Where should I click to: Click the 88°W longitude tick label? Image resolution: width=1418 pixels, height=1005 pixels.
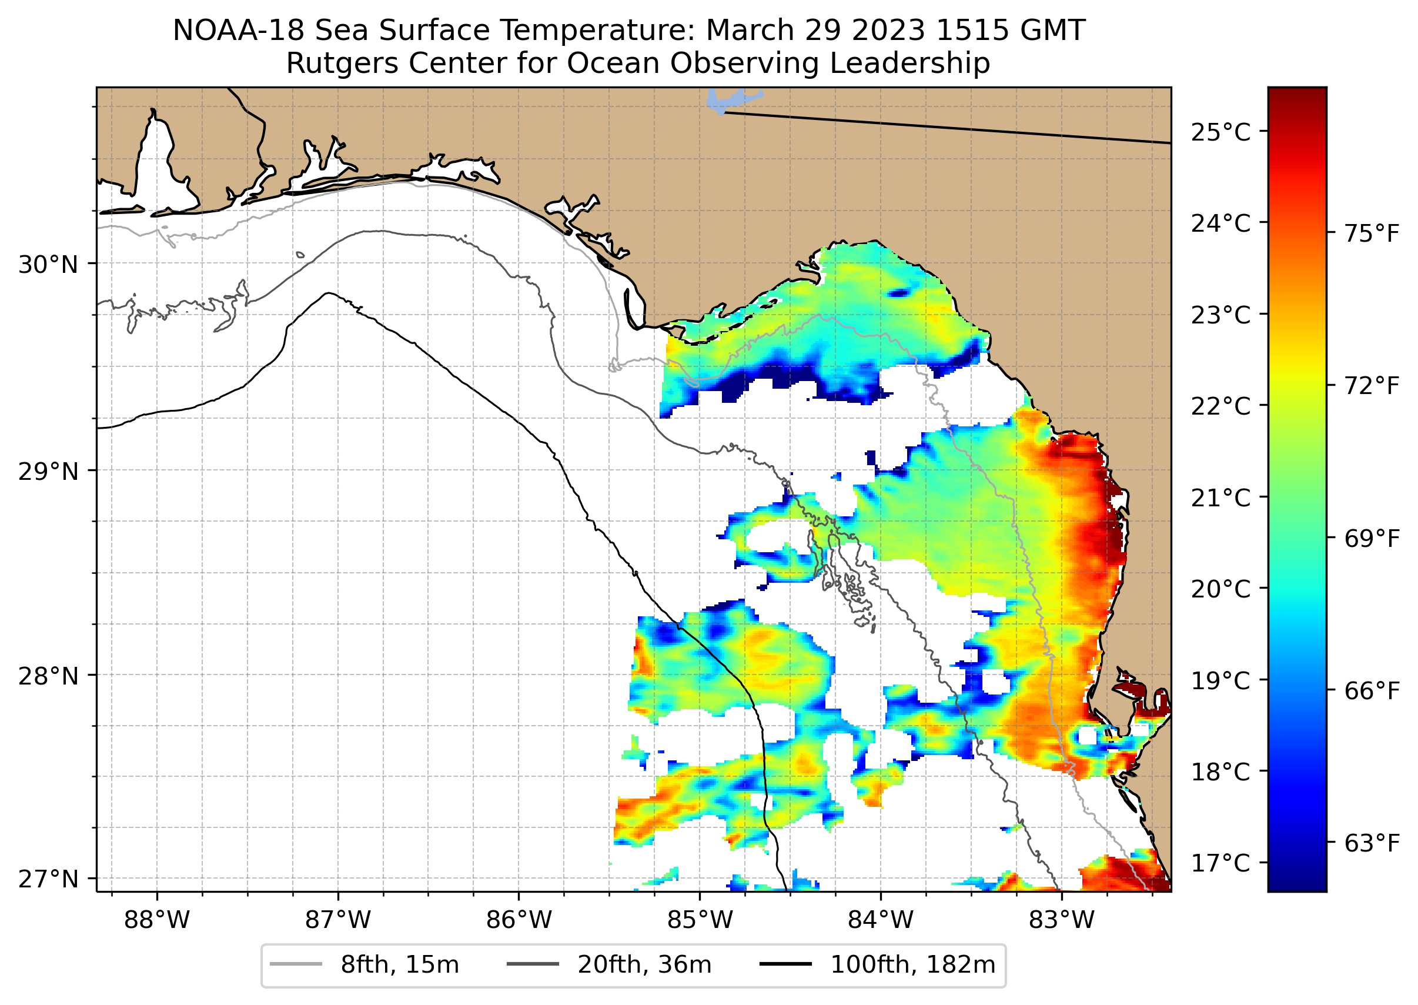tap(156, 920)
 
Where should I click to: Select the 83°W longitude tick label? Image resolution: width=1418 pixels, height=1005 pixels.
tap(1062, 920)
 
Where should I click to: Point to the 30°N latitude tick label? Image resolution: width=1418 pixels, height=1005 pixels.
tap(48, 265)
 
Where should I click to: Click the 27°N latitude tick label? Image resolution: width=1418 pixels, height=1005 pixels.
tap(48, 879)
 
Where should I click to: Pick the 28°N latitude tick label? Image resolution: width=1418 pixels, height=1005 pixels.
tap(48, 676)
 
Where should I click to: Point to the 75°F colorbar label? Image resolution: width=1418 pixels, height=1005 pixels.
tap(1371, 234)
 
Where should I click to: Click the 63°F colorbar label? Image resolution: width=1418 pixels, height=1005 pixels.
tap(1371, 843)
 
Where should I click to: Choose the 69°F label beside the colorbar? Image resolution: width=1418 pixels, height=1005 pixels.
tap(1371, 539)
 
